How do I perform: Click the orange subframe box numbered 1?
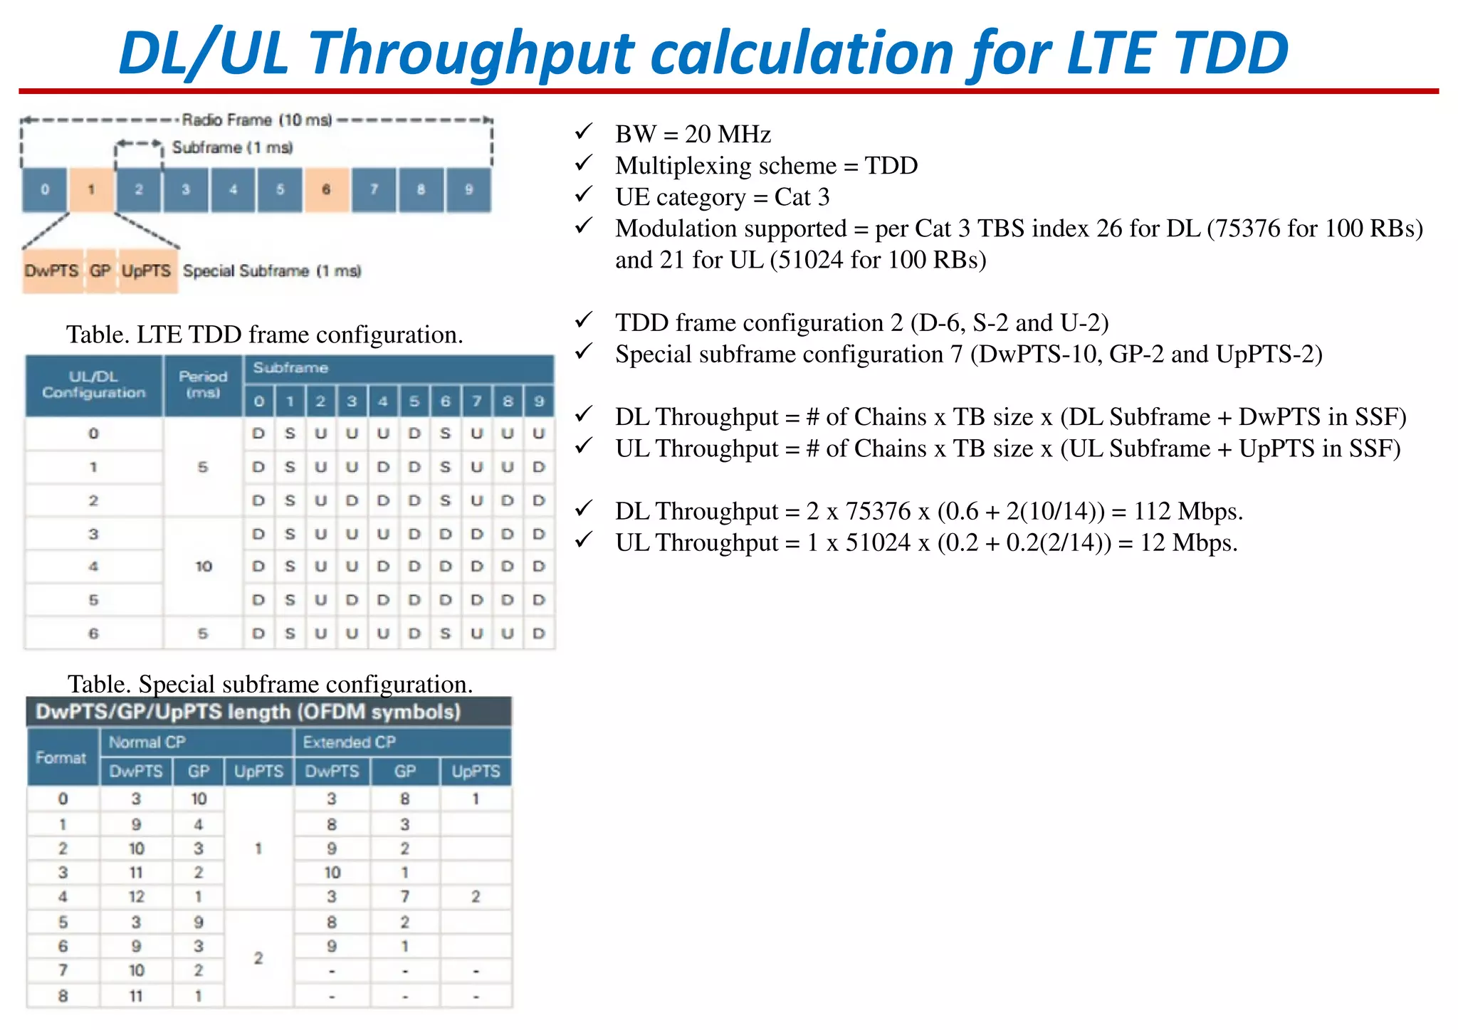91,189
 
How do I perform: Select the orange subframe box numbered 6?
326,189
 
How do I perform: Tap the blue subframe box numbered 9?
468,189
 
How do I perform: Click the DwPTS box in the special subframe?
52,271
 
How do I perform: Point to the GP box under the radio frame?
100,271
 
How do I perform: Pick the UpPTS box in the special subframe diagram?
147,271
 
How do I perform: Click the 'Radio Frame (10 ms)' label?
257,120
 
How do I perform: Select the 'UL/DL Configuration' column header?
93,384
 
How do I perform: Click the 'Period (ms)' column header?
203,384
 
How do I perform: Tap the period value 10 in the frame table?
204,567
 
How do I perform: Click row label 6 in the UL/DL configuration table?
93,634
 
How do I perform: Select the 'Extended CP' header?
349,742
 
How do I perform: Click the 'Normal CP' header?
147,742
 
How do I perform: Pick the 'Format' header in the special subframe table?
61,757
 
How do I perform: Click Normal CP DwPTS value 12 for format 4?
136,897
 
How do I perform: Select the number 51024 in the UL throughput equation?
878,542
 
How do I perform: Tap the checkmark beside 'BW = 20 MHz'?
584,132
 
